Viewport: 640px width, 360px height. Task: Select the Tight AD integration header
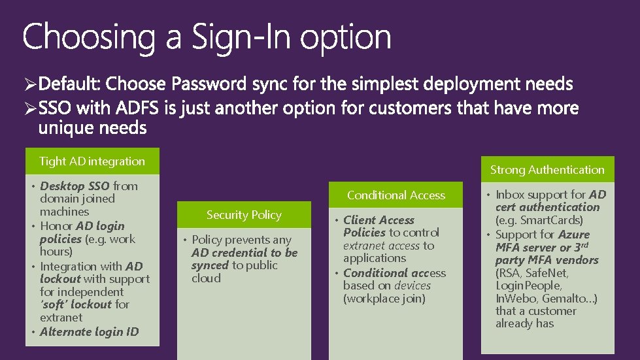point(92,161)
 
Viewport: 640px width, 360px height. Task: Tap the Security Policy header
point(244,215)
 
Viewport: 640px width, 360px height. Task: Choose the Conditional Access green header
point(396,195)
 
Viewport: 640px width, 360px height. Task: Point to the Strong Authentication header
point(547,170)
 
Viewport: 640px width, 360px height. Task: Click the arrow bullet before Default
point(30,85)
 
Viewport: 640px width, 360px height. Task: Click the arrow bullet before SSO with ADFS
point(30,108)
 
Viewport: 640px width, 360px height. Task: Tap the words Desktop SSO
point(75,186)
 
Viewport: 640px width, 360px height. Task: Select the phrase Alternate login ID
point(90,331)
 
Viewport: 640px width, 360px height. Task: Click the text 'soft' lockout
point(76,304)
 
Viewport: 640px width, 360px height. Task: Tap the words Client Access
point(379,220)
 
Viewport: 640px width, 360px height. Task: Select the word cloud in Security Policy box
point(206,278)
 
